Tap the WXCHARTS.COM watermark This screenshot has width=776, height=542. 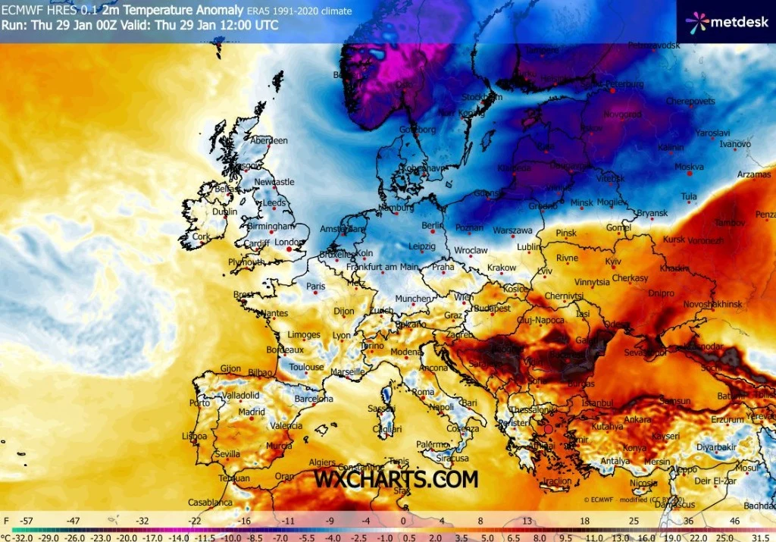pos(396,479)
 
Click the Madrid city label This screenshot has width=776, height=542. pos(252,412)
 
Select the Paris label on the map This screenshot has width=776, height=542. pos(314,287)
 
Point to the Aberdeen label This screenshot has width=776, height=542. pos(269,140)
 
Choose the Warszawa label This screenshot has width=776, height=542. pos(513,230)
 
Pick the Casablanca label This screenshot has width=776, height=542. pos(211,502)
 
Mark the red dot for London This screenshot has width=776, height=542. pos(289,249)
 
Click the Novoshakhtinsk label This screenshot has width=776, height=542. pos(714,303)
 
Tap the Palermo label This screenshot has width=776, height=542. pos(433,444)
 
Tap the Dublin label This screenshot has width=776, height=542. pos(225,212)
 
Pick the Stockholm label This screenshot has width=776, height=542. pos(482,97)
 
